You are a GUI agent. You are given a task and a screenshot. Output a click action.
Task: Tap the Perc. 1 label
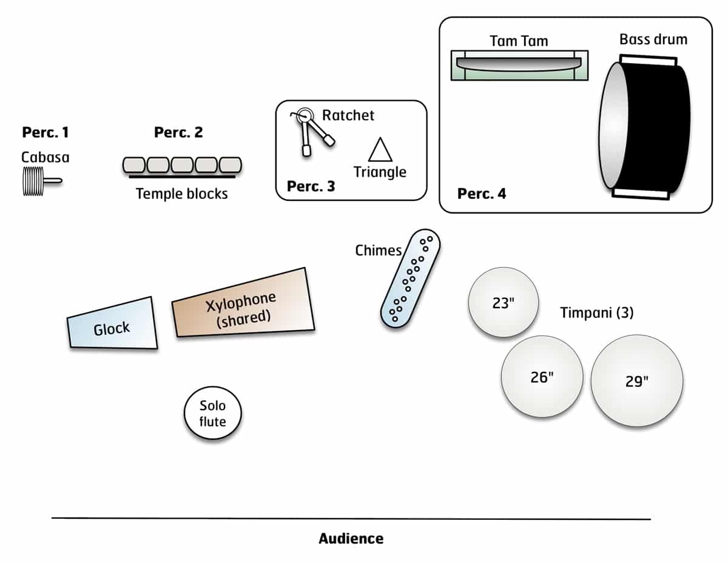tap(45, 132)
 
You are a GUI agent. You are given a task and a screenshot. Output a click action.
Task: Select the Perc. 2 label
tap(178, 132)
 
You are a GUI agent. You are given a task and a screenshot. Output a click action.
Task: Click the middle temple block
tap(182, 165)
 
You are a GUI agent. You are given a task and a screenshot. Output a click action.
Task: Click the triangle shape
tap(380, 149)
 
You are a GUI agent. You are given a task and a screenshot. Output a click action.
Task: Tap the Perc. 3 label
tap(311, 186)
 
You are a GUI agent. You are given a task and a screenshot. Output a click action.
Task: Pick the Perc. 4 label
tap(482, 194)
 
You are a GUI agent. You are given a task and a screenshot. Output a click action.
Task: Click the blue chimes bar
tap(411, 278)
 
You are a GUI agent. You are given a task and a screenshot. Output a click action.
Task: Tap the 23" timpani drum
tap(503, 303)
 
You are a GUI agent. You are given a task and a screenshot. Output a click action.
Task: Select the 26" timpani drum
tap(542, 376)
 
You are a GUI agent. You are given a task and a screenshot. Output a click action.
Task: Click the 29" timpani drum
tap(636, 381)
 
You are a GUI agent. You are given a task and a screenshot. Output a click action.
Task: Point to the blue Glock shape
tap(113, 324)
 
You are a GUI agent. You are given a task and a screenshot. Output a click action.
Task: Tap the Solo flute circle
tap(213, 414)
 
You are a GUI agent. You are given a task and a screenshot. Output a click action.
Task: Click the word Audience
tap(351, 538)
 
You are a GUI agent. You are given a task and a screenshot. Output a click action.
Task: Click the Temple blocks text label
tap(182, 194)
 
